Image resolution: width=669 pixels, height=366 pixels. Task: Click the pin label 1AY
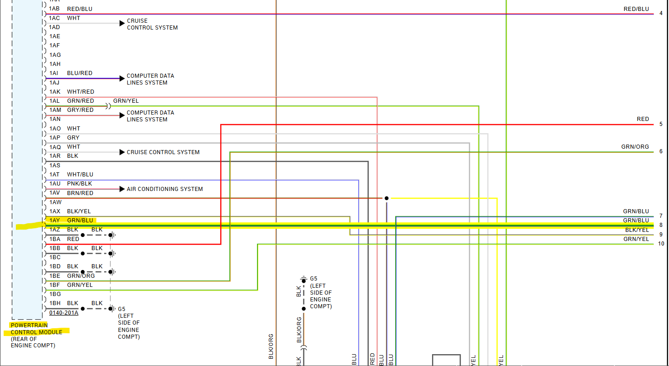(55, 221)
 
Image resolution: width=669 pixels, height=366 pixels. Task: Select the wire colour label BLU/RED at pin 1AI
(80, 73)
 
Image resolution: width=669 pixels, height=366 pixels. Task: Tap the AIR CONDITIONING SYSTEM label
(165, 189)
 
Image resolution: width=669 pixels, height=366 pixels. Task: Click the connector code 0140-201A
(64, 313)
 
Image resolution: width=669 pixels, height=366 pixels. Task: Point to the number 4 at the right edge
(661, 13)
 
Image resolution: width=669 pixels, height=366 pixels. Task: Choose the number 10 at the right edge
(661, 244)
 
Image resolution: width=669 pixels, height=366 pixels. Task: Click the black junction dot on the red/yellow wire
(387, 198)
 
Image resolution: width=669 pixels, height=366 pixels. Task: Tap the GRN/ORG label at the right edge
(635, 147)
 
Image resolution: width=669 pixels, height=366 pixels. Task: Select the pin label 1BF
(55, 285)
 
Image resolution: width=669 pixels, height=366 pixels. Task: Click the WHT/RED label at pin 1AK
(80, 92)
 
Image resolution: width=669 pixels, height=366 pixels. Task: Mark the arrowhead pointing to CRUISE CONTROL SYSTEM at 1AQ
(122, 152)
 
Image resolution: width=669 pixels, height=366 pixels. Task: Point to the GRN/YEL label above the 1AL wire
(126, 101)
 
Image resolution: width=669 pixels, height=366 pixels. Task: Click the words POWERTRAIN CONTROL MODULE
(36, 329)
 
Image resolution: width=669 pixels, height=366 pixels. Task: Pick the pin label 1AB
(55, 9)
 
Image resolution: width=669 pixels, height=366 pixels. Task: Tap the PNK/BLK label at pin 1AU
(80, 184)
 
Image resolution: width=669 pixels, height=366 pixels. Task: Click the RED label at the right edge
(643, 119)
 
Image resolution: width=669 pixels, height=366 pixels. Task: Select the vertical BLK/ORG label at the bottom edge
(271, 346)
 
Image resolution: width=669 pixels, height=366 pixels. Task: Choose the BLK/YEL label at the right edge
(637, 230)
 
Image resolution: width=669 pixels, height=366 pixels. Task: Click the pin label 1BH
(55, 303)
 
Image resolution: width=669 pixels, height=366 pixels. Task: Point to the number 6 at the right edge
(661, 152)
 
